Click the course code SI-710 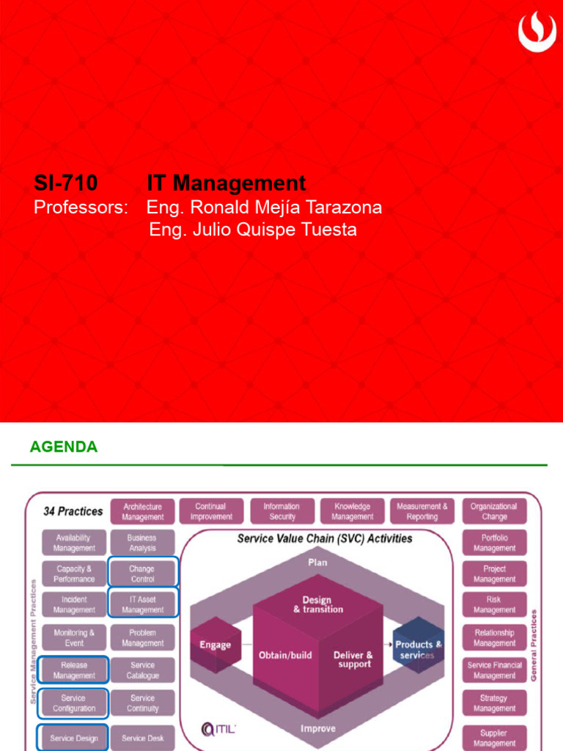pyautogui.click(x=66, y=183)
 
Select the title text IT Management pyautogui.click(x=226, y=183)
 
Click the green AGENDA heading pyautogui.click(x=63, y=447)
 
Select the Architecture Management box pyautogui.click(x=143, y=511)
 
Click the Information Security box pyautogui.click(x=281, y=511)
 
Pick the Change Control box pyautogui.click(x=142, y=574)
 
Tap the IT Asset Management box pyautogui.click(x=142, y=604)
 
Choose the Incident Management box pyautogui.click(x=74, y=604)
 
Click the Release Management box pyautogui.click(x=74, y=670)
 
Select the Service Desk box pyautogui.click(x=142, y=738)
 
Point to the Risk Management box pyautogui.click(x=494, y=604)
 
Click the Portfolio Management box pyautogui.click(x=494, y=543)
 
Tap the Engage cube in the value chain pyautogui.click(x=215, y=645)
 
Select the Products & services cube pyautogui.click(x=418, y=649)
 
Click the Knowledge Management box pyautogui.click(x=352, y=511)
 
